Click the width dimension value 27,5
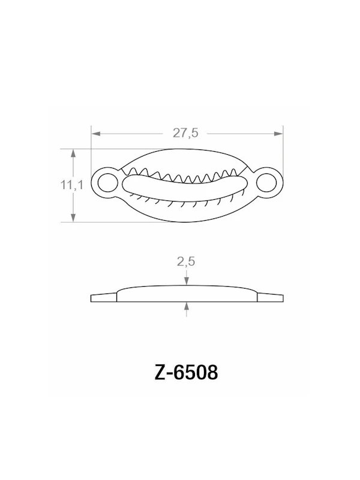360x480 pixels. [x=185, y=133]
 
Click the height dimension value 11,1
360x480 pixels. [x=70, y=186]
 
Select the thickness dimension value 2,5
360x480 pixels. [x=187, y=261]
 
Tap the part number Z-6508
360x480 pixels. [x=185, y=373]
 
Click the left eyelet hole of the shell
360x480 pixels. [x=106, y=181]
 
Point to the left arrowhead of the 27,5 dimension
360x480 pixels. [x=95, y=133]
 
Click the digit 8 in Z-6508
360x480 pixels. [x=211, y=373]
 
